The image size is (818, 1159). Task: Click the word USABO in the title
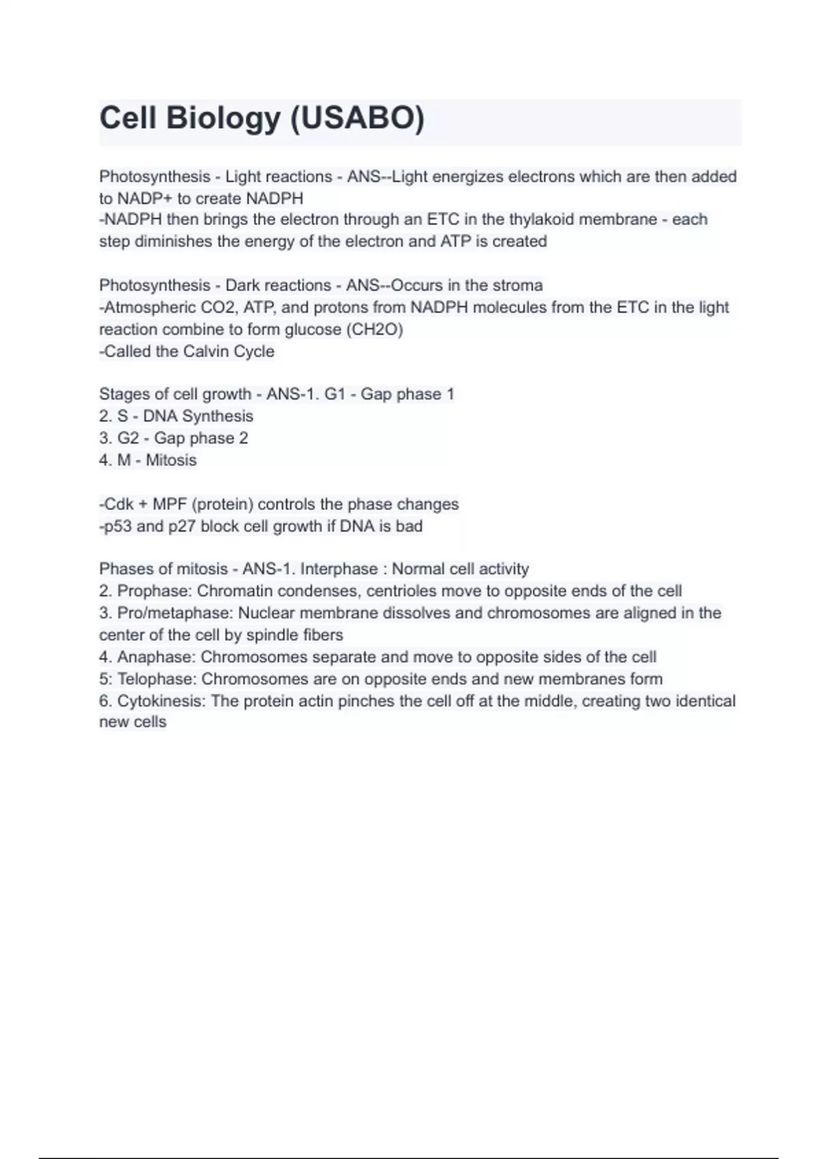click(357, 119)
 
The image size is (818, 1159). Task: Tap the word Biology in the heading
click(223, 119)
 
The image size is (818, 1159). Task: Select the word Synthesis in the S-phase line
click(217, 416)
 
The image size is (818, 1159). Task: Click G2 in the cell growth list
click(128, 438)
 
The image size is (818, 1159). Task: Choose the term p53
click(117, 526)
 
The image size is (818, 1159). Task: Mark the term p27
click(182, 526)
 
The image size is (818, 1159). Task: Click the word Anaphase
click(155, 657)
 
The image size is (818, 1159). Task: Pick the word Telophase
click(157, 679)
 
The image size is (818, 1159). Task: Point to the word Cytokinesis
click(160, 701)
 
